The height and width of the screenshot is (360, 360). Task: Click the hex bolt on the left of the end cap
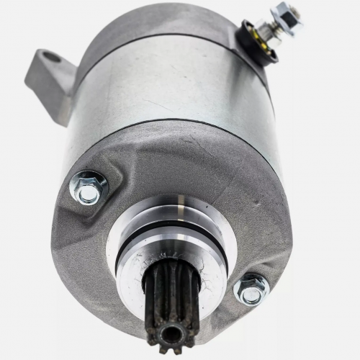click(89, 189)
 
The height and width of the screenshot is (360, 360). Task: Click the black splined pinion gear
click(171, 303)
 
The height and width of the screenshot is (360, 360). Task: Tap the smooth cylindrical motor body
click(173, 86)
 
